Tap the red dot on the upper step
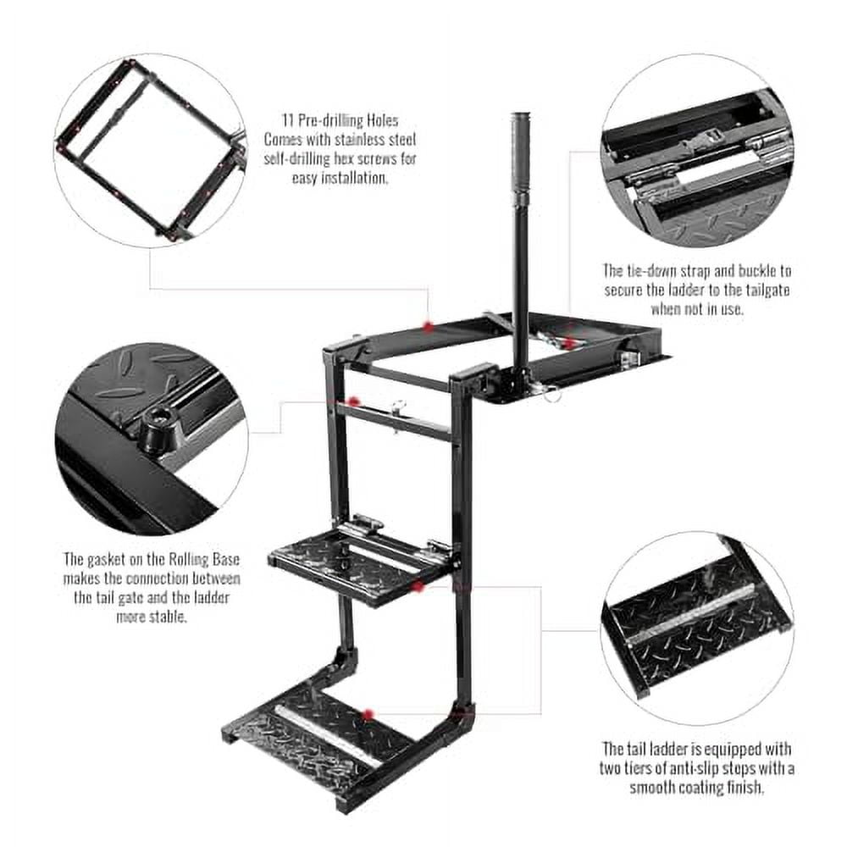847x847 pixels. (x=418, y=585)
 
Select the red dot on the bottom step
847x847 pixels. (x=367, y=715)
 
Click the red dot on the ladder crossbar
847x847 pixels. (x=354, y=401)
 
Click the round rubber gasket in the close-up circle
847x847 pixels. (x=158, y=424)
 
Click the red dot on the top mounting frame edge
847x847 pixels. (x=429, y=326)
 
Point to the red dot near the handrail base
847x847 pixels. (x=570, y=343)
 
